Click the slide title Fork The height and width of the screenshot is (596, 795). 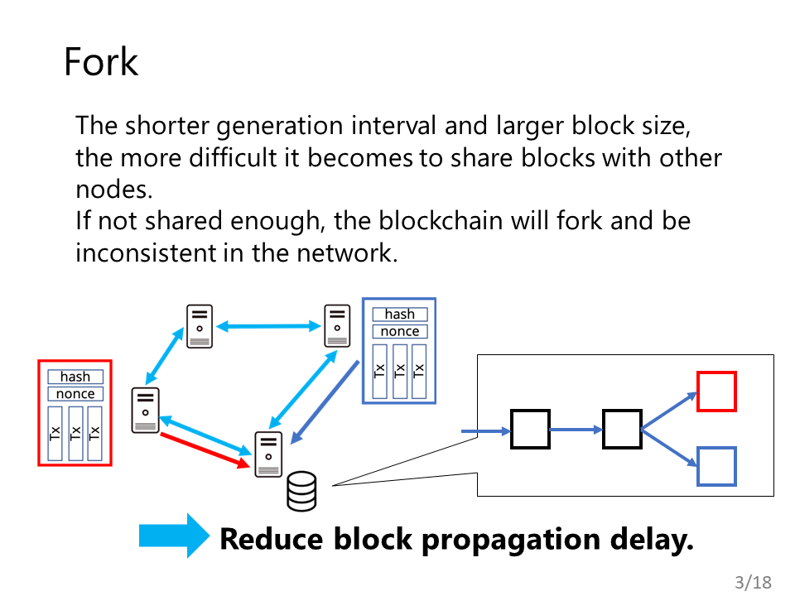[x=101, y=62]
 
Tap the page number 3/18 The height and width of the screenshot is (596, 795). [x=753, y=582]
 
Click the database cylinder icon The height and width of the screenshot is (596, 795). [x=301, y=491]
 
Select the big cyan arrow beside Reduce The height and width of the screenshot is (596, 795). [x=174, y=536]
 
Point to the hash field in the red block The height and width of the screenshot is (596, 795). [x=75, y=377]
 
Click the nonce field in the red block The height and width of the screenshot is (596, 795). [x=75, y=394]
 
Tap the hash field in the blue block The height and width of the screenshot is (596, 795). [x=399, y=315]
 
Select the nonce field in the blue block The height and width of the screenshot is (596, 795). [x=399, y=331]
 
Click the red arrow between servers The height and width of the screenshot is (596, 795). [x=205, y=450]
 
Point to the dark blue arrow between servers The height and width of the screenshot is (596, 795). [x=325, y=402]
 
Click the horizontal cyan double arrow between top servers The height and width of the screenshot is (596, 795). [x=268, y=326]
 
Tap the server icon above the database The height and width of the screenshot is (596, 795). [x=268, y=454]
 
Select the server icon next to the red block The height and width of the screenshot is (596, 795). [x=146, y=411]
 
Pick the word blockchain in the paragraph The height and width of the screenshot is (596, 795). [x=441, y=221]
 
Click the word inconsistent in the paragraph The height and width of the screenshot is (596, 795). [x=146, y=252]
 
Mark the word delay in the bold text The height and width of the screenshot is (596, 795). [x=652, y=538]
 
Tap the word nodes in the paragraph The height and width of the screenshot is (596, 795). [x=114, y=190]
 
